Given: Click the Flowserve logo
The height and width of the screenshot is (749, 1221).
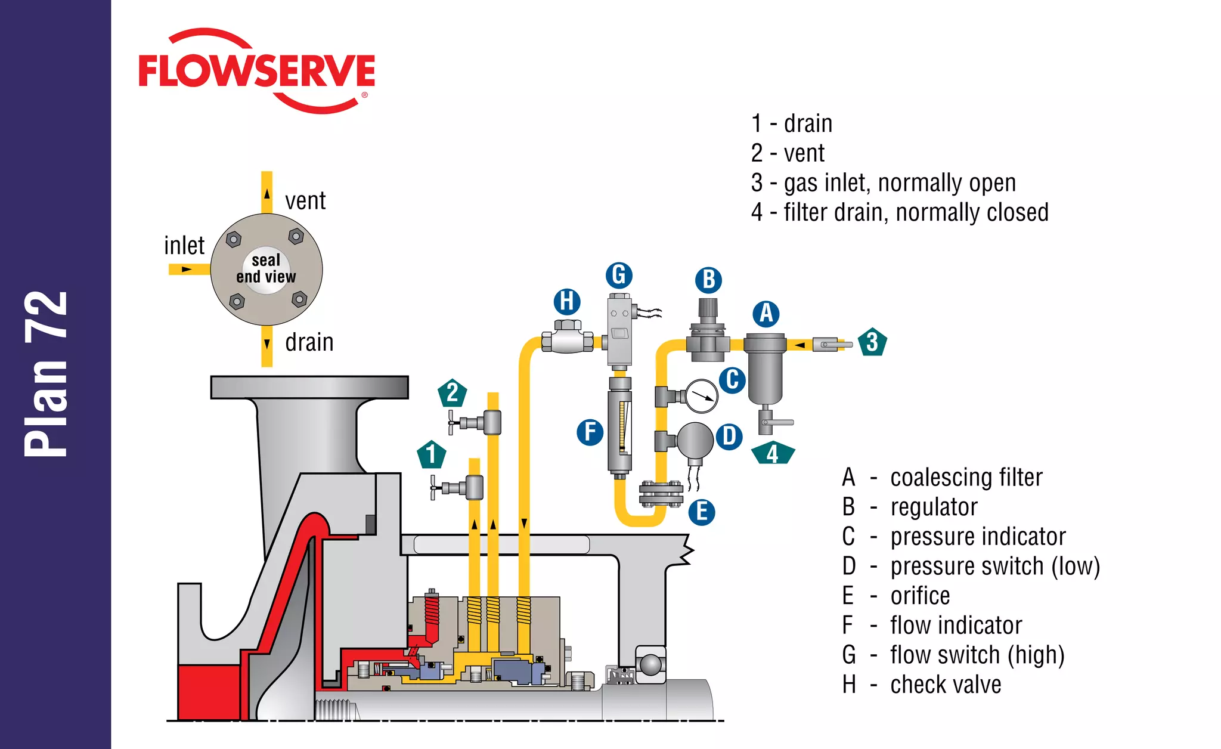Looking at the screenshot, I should click(256, 70).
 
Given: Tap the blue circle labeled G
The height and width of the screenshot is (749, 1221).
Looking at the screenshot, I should click(619, 276).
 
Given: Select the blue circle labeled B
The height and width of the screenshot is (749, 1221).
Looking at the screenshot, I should click(708, 280).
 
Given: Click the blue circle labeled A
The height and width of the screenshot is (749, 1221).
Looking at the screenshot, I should click(766, 314).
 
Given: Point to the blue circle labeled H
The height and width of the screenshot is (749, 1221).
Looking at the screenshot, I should click(567, 302).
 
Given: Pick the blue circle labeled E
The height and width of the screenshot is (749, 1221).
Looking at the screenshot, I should click(702, 512).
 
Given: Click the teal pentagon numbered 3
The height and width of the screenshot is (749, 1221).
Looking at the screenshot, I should click(872, 342).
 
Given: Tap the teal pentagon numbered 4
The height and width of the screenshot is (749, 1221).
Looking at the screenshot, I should click(773, 454).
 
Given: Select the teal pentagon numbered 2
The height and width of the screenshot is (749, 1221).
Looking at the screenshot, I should click(453, 393).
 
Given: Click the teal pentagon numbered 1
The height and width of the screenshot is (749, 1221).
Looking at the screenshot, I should click(432, 455).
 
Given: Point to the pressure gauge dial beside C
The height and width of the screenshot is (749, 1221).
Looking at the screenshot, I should click(702, 396).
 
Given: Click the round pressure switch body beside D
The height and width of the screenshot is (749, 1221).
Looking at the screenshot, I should click(695, 440).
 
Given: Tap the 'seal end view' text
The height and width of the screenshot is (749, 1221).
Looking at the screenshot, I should click(266, 268).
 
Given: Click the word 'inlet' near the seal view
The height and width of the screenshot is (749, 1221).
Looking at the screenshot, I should click(184, 246).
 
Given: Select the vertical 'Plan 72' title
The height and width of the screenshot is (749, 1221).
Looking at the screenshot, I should click(47, 374).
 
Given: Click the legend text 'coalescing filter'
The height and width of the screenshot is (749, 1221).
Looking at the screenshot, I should click(966, 477).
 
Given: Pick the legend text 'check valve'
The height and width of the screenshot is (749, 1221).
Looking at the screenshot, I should click(946, 685).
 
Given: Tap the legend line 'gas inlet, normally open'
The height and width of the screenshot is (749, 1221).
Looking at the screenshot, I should click(899, 182).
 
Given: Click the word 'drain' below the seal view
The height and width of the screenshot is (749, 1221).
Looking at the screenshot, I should click(309, 342).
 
